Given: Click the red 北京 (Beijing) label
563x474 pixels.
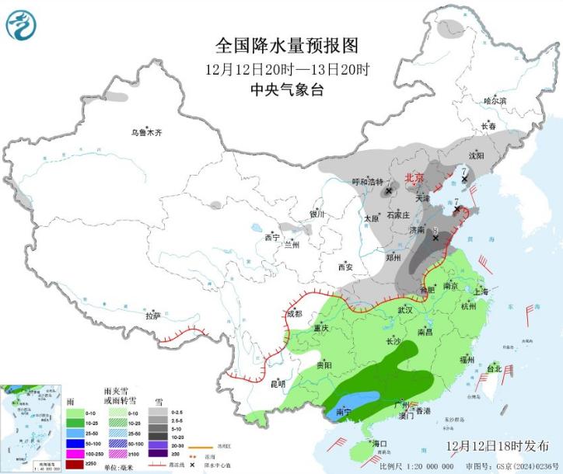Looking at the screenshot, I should tap(414, 177).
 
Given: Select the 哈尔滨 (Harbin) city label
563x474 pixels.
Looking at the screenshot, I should tap(495, 101).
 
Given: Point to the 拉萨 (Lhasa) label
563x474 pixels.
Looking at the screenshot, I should tap(153, 315).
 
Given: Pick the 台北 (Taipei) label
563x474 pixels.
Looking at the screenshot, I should tap(494, 368).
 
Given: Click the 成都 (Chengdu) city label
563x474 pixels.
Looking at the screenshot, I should tap(293, 314).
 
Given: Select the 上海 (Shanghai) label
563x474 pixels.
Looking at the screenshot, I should tap(481, 291).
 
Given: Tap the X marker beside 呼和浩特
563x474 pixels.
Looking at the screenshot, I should tap(388, 190).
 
